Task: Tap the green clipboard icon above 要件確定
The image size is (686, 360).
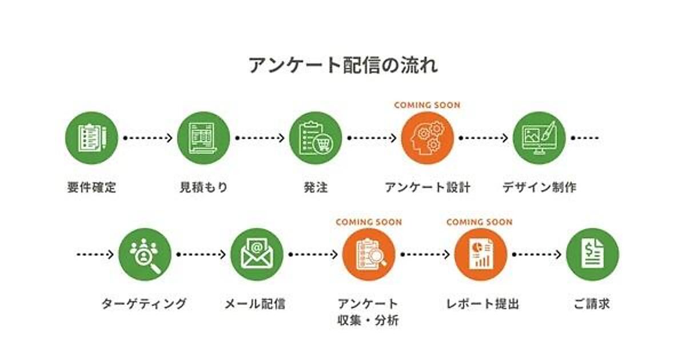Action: tap(91, 138)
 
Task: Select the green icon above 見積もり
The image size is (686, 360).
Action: tap(204, 138)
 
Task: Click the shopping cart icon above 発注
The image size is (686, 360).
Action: tap(316, 138)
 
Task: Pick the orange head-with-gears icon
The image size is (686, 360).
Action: tap(427, 138)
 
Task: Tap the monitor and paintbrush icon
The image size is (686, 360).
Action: tap(539, 138)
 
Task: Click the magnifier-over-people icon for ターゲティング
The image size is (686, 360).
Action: tap(145, 254)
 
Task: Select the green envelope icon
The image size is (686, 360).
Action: tap(257, 254)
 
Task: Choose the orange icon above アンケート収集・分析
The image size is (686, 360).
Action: tap(369, 254)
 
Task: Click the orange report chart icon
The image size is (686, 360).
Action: tap(480, 254)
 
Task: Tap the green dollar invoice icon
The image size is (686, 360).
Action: tap(592, 254)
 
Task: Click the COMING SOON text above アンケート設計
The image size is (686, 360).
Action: tap(427, 105)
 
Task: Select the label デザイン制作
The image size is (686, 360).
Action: tap(539, 187)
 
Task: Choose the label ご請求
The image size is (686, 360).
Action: tap(592, 304)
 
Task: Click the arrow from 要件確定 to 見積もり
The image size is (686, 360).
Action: tap(147, 138)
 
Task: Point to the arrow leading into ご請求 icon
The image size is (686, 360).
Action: tap(536, 254)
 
